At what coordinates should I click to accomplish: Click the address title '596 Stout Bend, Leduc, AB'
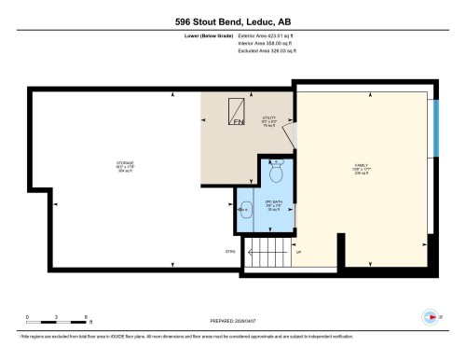tap(232, 21)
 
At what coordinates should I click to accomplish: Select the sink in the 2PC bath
tap(245, 211)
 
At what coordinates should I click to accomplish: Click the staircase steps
tap(267, 251)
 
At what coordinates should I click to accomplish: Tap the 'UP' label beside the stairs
tap(298, 252)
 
